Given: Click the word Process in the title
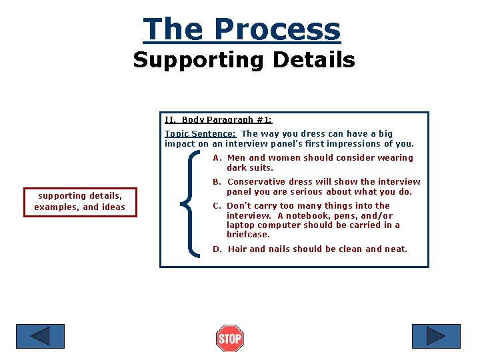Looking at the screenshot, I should [x=277, y=30].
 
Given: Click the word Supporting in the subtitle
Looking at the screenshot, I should [x=185, y=60].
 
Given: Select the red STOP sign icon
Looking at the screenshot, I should [x=230, y=339].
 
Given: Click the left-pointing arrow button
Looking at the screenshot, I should [x=40, y=336].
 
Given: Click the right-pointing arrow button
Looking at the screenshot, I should [x=436, y=336].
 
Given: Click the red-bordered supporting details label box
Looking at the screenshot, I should [x=80, y=201].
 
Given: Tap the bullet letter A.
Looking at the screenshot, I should [x=216, y=158].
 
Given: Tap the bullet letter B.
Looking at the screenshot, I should [x=216, y=182].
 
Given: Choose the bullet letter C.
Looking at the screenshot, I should [x=216, y=206].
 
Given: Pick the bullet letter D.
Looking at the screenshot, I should [x=217, y=249].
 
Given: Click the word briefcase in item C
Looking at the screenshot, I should [x=248, y=235].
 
